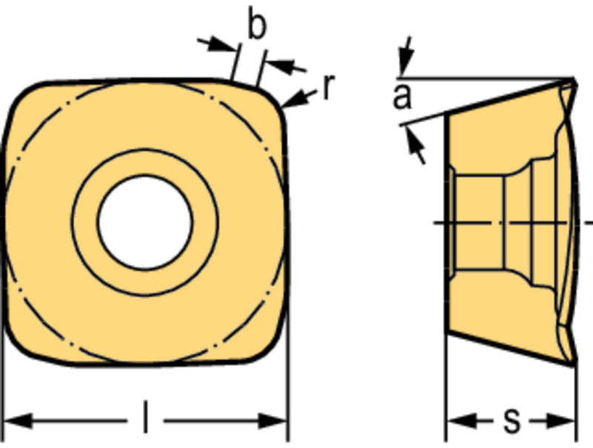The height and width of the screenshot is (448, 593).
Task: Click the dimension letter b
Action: coord(257,23)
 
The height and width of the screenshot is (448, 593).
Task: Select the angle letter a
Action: coord(402,96)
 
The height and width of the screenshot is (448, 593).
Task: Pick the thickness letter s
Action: coord(512,421)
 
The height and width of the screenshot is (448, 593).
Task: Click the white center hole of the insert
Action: coord(145,223)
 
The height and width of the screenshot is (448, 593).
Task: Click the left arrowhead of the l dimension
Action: coord(18,421)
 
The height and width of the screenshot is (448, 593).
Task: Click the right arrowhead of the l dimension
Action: coord(273,421)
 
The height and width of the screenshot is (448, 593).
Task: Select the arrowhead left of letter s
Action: coord(461,421)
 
